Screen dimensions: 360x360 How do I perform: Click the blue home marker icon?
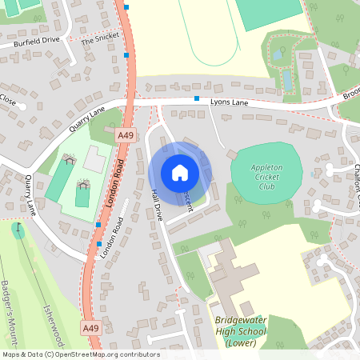pyautogui.click(x=180, y=172)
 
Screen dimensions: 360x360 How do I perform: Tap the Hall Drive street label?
pyautogui.click(x=157, y=206)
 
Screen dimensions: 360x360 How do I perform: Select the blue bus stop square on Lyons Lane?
pyautogui.click(x=197, y=98)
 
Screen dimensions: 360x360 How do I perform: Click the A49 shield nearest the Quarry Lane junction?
pyautogui.click(x=126, y=137)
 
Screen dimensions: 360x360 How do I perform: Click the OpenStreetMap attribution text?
pyautogui.click(x=81, y=354)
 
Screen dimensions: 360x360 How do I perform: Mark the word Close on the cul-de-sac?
pyautogui.click(x=8, y=101)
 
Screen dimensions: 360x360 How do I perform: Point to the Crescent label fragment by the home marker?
pyautogui.click(x=187, y=200)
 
